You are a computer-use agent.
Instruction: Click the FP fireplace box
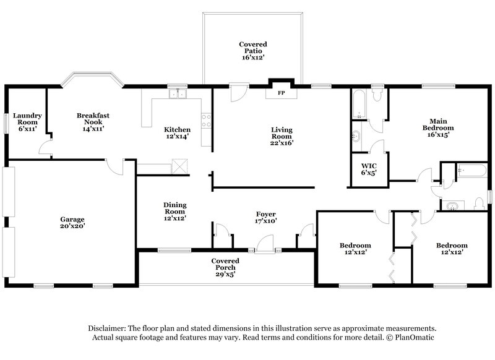pyautogui.click(x=281, y=93)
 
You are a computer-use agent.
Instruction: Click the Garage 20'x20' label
pyautogui.click(x=72, y=223)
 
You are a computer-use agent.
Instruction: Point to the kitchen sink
pyautogui.click(x=178, y=95)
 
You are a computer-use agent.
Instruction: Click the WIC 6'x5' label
pyautogui.click(x=369, y=169)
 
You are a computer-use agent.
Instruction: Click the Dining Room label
pyautogui.click(x=174, y=211)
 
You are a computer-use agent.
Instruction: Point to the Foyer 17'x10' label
pyautogui.click(x=265, y=217)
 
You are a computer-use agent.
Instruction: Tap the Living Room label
pyautogui.click(x=282, y=136)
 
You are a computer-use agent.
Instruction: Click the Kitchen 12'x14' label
pyautogui.click(x=177, y=133)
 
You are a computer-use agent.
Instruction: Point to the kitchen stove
pyautogui.click(x=206, y=121)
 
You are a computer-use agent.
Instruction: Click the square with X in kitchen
pyautogui.click(x=179, y=166)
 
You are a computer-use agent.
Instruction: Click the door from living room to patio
pyautogui.click(x=236, y=93)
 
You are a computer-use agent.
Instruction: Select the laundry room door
pyautogui.click(x=45, y=147)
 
